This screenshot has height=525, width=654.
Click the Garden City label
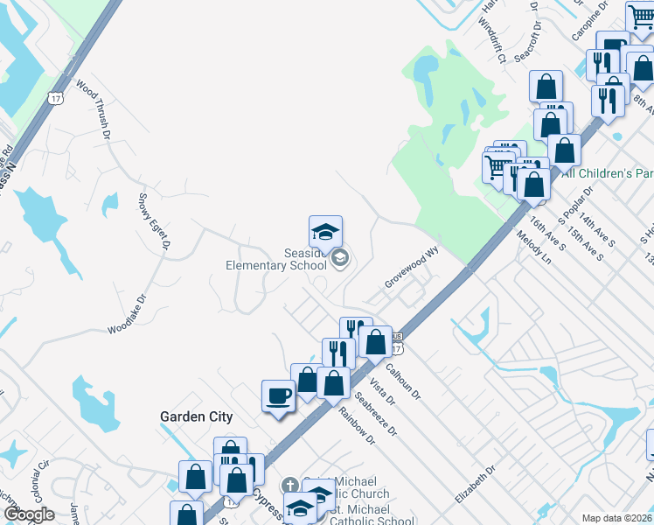(196, 416)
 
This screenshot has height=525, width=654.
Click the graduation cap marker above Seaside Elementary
(325, 233)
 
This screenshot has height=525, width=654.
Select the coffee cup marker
(279, 396)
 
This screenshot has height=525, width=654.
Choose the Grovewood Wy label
(411, 272)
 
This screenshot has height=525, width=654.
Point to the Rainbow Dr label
(358, 426)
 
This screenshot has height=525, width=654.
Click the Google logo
(29, 514)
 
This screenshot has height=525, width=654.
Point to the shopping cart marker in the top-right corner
(640, 17)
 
